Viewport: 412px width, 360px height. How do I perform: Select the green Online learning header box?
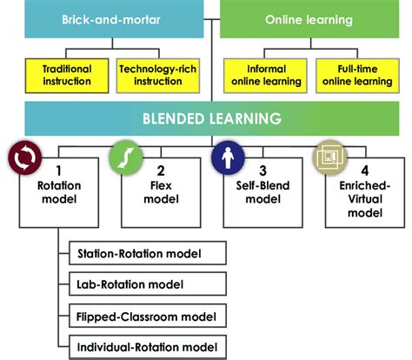click(308, 19)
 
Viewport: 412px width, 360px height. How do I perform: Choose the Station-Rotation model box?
click(146, 254)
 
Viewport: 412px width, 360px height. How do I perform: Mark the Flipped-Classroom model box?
click(146, 317)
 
